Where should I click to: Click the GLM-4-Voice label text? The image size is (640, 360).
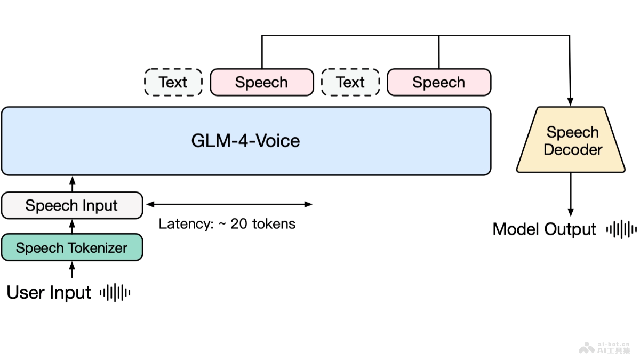(x=245, y=141)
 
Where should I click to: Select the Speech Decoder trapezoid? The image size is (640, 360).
(x=571, y=141)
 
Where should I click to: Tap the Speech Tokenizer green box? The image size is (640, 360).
(x=72, y=247)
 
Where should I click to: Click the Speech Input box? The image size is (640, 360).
(x=72, y=205)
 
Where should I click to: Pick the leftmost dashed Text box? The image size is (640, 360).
(x=173, y=82)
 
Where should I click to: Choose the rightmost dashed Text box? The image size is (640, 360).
(x=350, y=82)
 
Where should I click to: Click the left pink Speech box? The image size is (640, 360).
(x=261, y=82)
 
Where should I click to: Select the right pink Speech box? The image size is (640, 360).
(x=438, y=82)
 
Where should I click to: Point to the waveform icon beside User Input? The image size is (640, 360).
(x=115, y=292)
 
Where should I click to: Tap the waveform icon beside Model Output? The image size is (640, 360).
(x=621, y=229)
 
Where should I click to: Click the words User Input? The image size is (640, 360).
(x=49, y=293)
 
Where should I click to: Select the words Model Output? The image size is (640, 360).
(x=544, y=229)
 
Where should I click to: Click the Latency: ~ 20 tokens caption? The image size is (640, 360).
(x=227, y=223)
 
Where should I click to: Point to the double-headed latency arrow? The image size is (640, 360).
(x=229, y=204)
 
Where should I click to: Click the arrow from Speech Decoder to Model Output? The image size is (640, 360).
(x=571, y=195)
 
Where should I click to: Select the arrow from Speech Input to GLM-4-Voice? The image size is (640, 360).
(x=73, y=184)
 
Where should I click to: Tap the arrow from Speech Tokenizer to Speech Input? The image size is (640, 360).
(x=73, y=226)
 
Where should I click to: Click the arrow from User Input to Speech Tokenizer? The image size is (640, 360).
(x=73, y=269)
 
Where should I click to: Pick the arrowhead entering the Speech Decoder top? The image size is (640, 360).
(x=571, y=101)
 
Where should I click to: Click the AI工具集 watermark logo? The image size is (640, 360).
(x=605, y=348)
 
